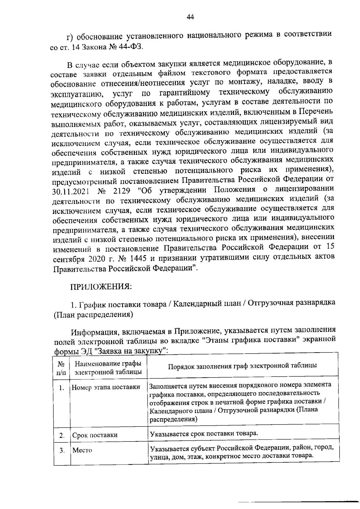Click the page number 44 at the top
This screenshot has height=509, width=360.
[190, 17]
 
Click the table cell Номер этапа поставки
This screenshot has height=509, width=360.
[106, 387]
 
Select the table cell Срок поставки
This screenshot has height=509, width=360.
[95, 435]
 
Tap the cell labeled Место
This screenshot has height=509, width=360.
[82, 450]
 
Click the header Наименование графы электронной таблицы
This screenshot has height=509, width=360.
[108, 368]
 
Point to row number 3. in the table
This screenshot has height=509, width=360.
[62, 450]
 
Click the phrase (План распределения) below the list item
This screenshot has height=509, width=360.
[93, 315]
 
